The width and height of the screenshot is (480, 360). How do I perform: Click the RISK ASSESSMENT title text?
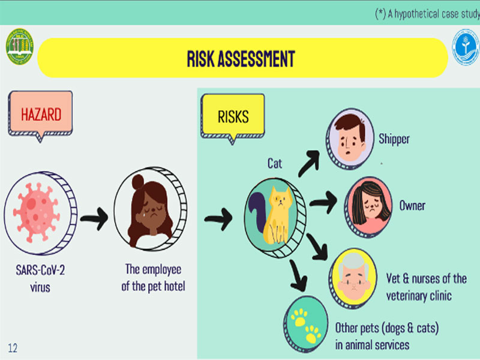[x=241, y=58]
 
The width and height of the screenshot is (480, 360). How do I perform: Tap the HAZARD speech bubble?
[x=40, y=115]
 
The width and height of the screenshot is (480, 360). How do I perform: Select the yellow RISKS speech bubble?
[x=233, y=118]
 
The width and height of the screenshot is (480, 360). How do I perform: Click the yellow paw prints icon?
[x=306, y=325]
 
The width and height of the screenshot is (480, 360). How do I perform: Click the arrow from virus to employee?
[x=94, y=218]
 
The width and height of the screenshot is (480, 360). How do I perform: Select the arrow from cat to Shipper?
[x=309, y=163]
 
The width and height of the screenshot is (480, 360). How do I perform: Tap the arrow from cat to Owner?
[x=323, y=202]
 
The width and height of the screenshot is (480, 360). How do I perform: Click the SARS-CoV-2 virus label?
[x=40, y=278]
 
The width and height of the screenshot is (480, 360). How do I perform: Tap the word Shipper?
[x=394, y=139]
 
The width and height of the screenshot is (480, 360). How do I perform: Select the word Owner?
[x=412, y=205]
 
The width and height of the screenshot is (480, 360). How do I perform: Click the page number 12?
[x=13, y=348]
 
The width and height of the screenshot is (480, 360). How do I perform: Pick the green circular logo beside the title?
[x=20, y=47]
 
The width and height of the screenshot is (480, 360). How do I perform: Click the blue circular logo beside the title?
[x=466, y=47]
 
